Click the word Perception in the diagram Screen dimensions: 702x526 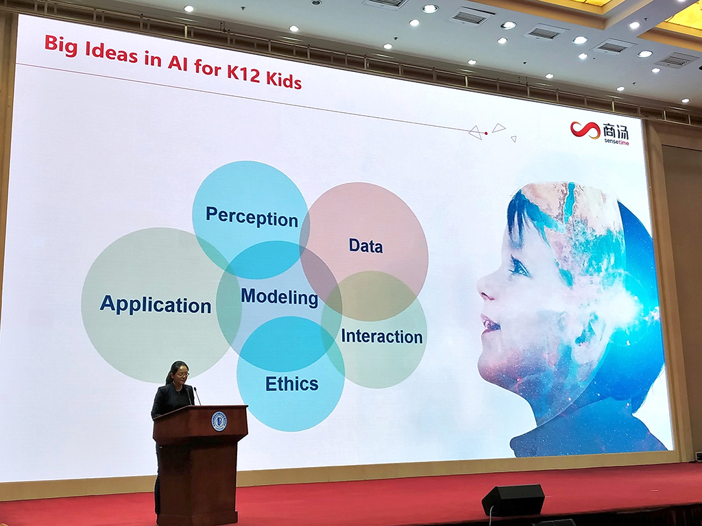pos(252,217)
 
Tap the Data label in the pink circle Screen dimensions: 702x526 pos(366,246)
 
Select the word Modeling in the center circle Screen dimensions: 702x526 pos(280,297)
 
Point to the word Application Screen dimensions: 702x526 pos(156,304)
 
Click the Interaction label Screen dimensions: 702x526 pos(382,336)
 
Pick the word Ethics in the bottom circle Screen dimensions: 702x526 pos(292,384)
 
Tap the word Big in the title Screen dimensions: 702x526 pos(61,46)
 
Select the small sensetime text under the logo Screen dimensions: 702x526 pos(616,142)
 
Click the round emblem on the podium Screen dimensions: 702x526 pos(219,421)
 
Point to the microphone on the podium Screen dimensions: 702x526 pos(197,397)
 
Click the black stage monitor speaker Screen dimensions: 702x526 pos(513,500)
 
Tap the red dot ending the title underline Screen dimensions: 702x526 pos(486,134)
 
